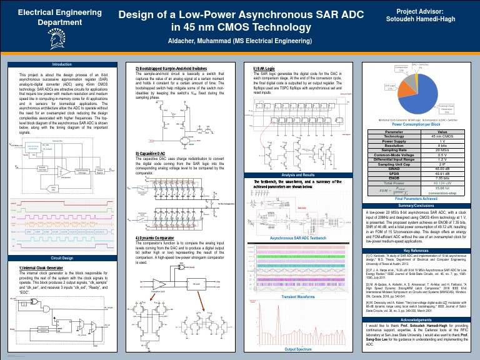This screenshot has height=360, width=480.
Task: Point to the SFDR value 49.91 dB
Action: (442, 172)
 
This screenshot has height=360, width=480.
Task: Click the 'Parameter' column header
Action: (394, 131)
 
